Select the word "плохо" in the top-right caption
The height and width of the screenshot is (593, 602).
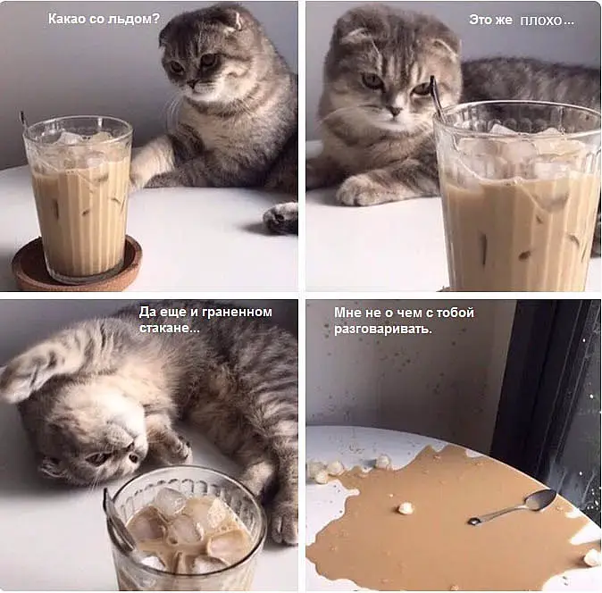[x=541, y=20]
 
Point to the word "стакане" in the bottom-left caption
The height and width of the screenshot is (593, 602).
[x=164, y=328]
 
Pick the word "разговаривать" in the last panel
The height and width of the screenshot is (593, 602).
[x=380, y=330]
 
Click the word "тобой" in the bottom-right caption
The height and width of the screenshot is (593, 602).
[x=455, y=313]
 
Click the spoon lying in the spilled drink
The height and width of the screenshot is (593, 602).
[x=513, y=505]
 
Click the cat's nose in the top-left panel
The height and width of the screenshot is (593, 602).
[x=192, y=83]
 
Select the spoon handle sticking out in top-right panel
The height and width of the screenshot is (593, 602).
[x=437, y=96]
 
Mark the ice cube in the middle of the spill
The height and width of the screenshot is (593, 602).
[x=406, y=508]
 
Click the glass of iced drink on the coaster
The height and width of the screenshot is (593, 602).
[x=78, y=198]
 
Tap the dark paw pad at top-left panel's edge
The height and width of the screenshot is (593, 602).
[x=282, y=218]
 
